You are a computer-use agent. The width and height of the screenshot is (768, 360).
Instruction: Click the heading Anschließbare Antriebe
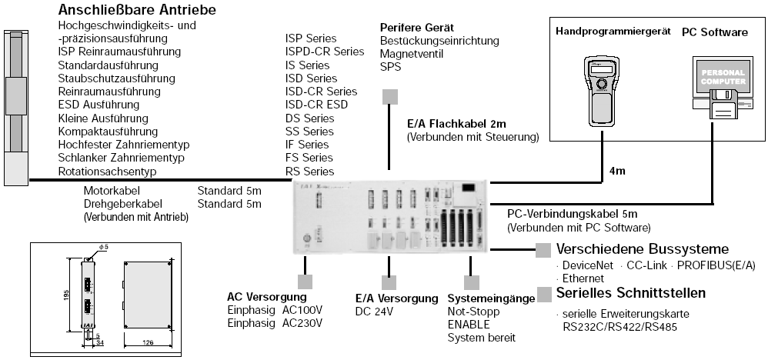(137, 11)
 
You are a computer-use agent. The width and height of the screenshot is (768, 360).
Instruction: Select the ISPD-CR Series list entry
(324, 52)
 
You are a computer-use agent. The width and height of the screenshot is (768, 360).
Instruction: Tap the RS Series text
(309, 171)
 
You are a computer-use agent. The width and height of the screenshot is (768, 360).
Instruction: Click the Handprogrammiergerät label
(606, 32)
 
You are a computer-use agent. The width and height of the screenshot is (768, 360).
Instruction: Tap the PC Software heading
(714, 32)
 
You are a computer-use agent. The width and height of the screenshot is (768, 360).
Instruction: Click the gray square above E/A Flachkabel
(390, 96)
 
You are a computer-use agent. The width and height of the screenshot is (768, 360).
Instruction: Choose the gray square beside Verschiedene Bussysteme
(543, 250)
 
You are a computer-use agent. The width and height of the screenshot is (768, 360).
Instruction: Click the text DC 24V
(374, 312)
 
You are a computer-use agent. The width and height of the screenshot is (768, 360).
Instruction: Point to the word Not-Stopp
(473, 312)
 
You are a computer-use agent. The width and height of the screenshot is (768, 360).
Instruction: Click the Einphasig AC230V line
(275, 323)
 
